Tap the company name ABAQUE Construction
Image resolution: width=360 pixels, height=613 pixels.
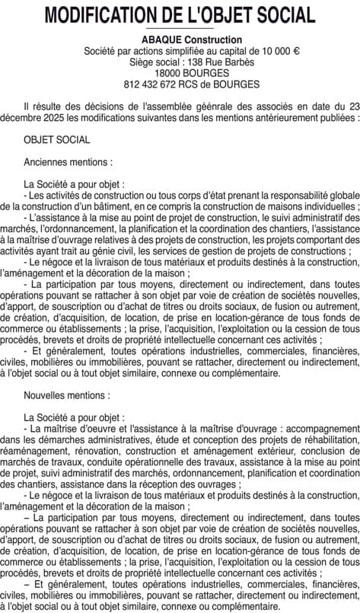point(180,40)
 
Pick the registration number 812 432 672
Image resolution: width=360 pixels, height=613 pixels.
point(155,84)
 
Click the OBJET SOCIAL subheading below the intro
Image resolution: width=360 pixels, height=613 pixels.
point(57,141)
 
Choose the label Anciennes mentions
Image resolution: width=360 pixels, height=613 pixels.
point(68,163)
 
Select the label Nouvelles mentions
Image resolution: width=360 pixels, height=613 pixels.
point(67,396)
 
